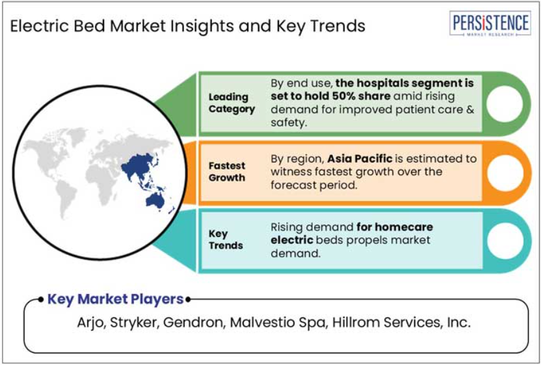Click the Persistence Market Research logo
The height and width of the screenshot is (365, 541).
[490, 23]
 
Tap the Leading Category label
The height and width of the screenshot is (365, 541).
[231, 103]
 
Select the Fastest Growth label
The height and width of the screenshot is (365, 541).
[227, 172]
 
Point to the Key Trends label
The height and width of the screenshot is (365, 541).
[226, 239]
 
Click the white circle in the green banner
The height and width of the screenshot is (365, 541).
[505, 103]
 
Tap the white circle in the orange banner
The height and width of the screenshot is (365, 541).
[505, 172]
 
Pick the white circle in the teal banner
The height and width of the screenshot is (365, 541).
[505, 241]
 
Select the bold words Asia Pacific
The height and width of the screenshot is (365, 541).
[360, 159]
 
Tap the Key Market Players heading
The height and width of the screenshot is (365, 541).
[115, 299]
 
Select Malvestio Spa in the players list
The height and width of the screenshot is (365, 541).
[278, 323]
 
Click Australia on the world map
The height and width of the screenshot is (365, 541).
[155, 200]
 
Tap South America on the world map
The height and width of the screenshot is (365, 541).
[66, 198]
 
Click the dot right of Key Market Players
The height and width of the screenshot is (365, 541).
[188, 299]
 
